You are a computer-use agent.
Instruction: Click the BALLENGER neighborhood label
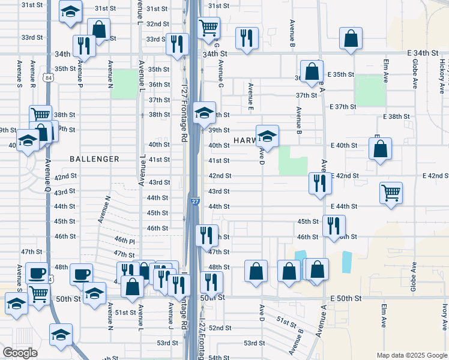point(94,159)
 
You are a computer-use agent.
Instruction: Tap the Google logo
point(20,353)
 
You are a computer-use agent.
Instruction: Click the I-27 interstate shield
point(195,202)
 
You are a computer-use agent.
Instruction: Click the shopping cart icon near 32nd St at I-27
point(208,27)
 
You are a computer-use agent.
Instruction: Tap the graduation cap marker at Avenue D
point(267,136)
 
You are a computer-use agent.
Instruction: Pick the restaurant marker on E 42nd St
point(319,183)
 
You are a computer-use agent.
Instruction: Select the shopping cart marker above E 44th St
point(391,193)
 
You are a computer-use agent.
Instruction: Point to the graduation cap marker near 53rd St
point(61,335)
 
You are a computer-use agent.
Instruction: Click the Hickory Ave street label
point(442,75)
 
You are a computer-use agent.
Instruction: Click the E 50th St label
point(346,298)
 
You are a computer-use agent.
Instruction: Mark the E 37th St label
point(343,106)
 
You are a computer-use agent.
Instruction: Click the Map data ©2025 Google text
point(411,355)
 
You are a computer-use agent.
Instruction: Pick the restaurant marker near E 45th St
point(333,226)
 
